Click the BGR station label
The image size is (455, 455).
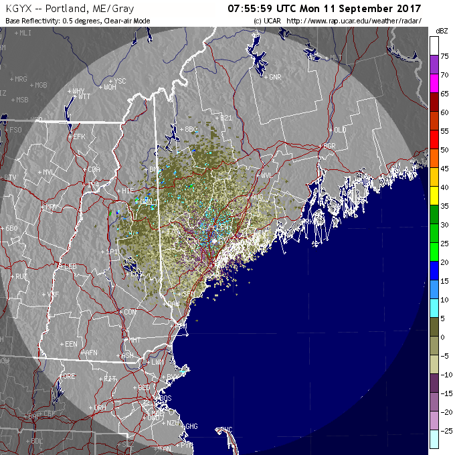tap(328, 145)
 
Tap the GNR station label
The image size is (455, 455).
tap(275, 77)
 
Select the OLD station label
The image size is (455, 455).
tap(340, 129)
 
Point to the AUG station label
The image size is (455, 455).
tap(257, 197)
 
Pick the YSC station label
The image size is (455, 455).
tap(120, 81)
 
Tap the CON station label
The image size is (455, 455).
tap(129, 312)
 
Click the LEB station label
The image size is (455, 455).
tap(70, 266)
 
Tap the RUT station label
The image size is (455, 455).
tap(21, 276)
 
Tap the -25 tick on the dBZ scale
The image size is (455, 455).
tap(444, 430)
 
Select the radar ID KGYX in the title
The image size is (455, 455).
tap(19, 9)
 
